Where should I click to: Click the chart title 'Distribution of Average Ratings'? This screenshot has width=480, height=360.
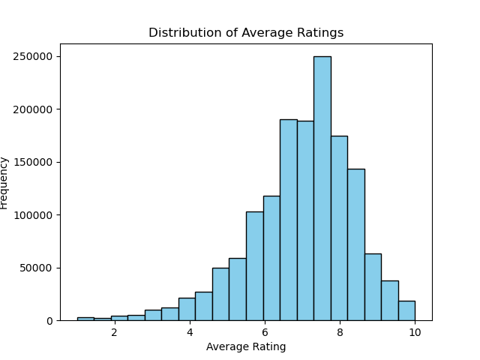click(x=246, y=33)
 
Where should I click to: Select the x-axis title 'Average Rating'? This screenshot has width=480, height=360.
click(x=246, y=346)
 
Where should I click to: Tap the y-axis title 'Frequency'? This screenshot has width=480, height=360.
click(x=4, y=182)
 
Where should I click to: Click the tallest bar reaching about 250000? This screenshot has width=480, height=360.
click(x=322, y=187)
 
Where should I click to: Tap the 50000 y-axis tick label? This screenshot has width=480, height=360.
click(x=38, y=268)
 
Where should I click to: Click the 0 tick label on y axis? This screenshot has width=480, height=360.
click(x=49, y=321)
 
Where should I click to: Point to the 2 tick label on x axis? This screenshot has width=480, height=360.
click(x=114, y=333)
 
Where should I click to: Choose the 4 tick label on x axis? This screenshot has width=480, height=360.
click(x=190, y=333)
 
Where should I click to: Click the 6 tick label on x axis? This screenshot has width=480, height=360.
click(x=265, y=333)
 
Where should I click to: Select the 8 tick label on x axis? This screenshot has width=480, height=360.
click(x=340, y=333)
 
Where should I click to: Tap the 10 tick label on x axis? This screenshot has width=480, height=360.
click(x=415, y=333)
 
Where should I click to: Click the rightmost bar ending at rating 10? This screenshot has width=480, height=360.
click(x=406, y=311)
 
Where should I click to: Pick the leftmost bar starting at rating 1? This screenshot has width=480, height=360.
click(x=85, y=319)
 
